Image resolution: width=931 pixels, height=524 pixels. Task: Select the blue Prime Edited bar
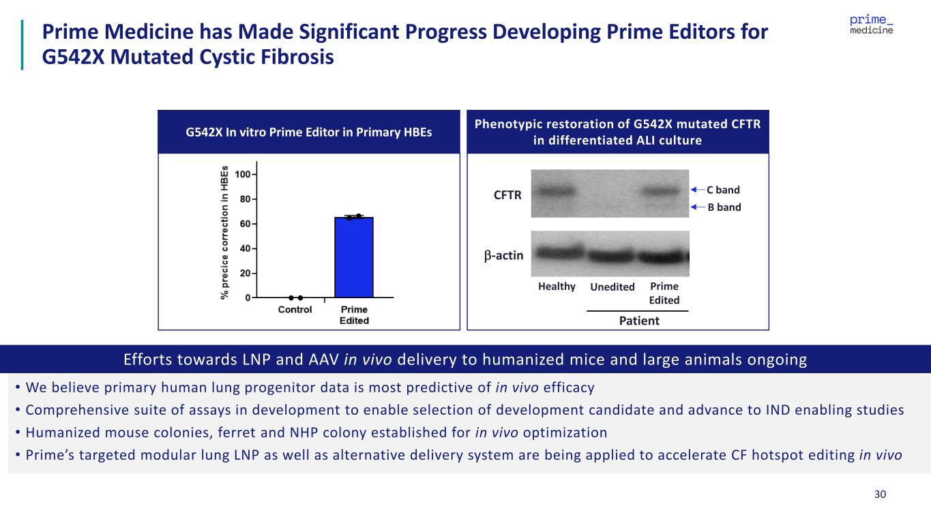354,257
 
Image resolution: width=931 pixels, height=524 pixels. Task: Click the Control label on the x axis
295,310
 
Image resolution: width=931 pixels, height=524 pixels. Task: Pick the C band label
723,190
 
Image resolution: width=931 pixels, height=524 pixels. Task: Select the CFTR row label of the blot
507,195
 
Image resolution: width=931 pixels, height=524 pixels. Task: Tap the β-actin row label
504,255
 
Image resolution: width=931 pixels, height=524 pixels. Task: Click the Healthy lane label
557,287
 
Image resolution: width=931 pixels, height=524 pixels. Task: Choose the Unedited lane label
612,287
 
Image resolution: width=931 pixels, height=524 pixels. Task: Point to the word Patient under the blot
639,320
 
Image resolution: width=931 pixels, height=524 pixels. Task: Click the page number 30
880,495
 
